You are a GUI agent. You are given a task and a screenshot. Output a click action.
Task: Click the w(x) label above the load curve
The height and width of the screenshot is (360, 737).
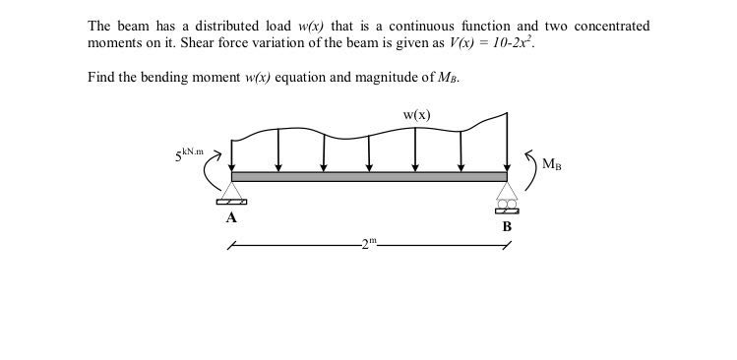point(416,115)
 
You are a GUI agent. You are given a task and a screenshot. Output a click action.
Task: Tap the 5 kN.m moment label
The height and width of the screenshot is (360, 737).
point(189,154)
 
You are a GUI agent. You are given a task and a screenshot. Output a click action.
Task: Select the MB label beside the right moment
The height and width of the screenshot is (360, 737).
point(552,165)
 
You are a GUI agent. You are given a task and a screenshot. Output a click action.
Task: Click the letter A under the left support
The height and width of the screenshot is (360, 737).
point(231,218)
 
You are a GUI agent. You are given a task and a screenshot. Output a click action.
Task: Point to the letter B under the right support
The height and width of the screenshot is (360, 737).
point(507,226)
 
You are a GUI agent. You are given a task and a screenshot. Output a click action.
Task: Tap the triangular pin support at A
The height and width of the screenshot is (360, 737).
point(231,192)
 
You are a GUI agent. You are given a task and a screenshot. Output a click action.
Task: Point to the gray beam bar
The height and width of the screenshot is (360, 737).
point(369,176)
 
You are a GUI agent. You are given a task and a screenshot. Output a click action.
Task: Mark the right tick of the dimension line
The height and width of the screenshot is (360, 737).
point(507,247)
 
